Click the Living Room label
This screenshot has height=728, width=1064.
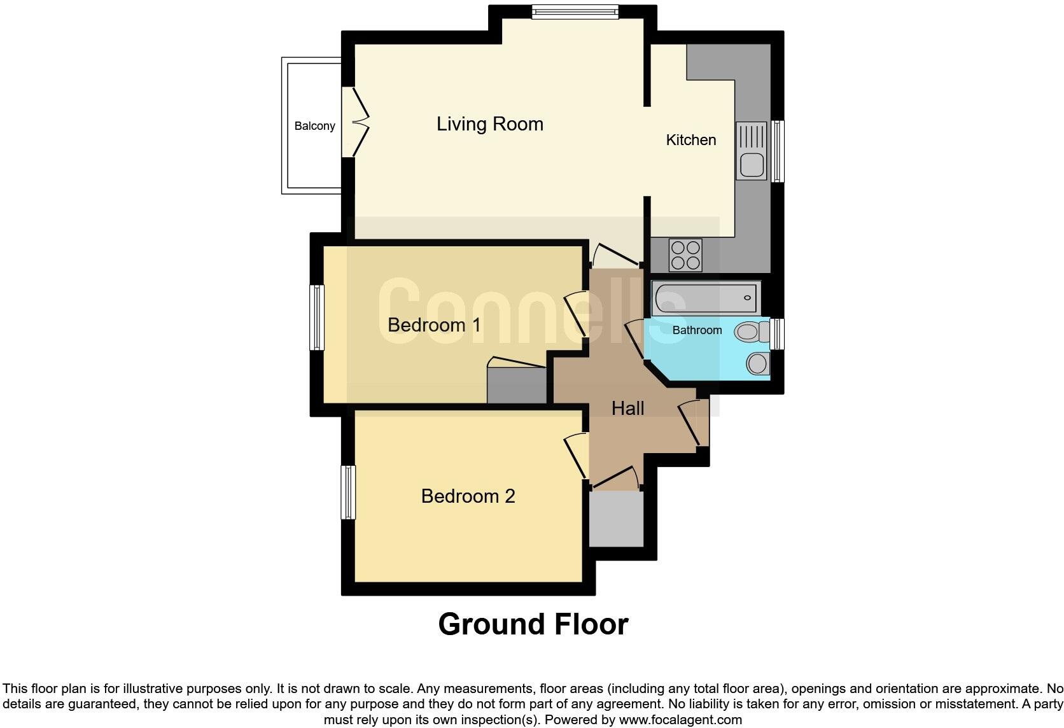[489, 124]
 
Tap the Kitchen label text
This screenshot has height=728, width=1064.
[690, 140]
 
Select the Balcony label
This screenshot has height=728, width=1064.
[314, 126]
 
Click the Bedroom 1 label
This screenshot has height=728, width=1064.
[434, 325]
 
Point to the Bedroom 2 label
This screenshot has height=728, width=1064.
[468, 496]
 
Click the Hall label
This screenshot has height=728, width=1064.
[627, 409]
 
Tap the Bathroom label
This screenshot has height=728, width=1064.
[697, 330]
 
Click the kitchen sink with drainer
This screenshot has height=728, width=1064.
[752, 151]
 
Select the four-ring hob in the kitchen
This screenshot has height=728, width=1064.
[685, 255]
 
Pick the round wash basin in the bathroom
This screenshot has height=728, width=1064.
[757, 363]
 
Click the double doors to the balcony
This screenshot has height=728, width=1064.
[355, 121]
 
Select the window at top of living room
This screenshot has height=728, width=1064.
[575, 12]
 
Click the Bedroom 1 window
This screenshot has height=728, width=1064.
[317, 318]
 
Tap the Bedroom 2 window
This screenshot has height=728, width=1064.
[348, 492]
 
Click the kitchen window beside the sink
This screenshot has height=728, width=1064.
[778, 151]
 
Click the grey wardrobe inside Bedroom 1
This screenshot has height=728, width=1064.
[516, 385]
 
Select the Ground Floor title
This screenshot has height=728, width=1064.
[533, 624]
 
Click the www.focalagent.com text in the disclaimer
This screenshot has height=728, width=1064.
[680, 720]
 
